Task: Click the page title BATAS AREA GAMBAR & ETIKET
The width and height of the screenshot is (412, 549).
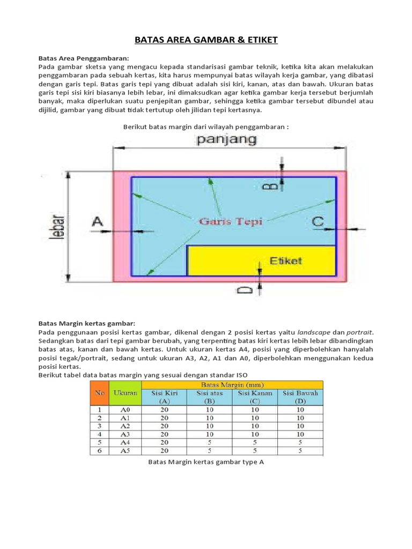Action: (206, 40)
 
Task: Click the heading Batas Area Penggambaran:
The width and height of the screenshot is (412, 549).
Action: (84, 58)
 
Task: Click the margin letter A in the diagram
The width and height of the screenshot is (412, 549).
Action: (97, 221)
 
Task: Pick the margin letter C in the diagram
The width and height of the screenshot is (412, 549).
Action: (318, 221)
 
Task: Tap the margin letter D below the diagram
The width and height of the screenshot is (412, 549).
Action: (244, 290)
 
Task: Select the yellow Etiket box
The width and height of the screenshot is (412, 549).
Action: (261, 261)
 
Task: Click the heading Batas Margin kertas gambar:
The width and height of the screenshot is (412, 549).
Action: (87, 324)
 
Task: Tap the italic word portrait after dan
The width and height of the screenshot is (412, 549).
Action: (356, 332)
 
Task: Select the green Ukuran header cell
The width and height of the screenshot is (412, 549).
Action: (126, 392)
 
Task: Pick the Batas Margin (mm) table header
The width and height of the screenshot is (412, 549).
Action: (232, 384)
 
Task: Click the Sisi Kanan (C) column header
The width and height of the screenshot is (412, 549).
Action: (255, 397)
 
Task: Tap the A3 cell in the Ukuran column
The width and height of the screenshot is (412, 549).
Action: (126, 434)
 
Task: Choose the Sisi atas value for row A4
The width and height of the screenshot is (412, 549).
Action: (209, 442)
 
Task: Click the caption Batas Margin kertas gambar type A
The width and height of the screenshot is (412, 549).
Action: (206, 462)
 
